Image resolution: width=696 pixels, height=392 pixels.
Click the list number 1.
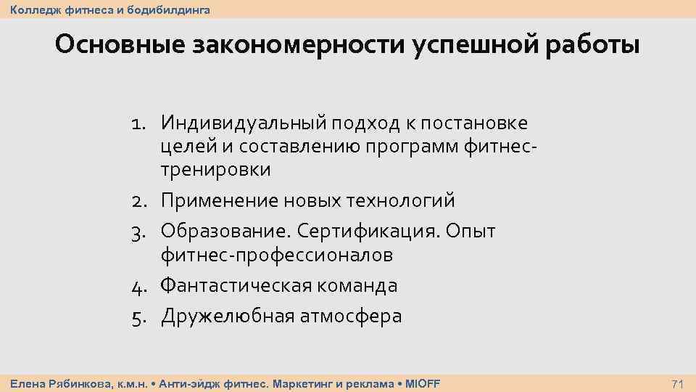140,122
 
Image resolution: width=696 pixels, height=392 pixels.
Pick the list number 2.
139,200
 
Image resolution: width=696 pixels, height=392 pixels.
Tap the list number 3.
139,231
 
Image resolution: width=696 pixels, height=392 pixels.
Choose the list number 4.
139,286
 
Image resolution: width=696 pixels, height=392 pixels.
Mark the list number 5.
139,317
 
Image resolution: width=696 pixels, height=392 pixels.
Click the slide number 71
679,383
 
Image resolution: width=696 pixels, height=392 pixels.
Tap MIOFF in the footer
422,383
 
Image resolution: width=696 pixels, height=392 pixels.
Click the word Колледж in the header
33,9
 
